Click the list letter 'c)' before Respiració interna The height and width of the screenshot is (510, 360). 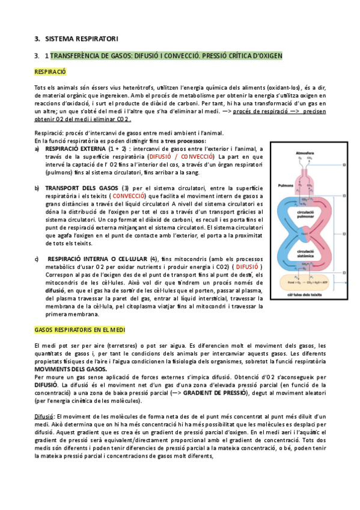37,259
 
